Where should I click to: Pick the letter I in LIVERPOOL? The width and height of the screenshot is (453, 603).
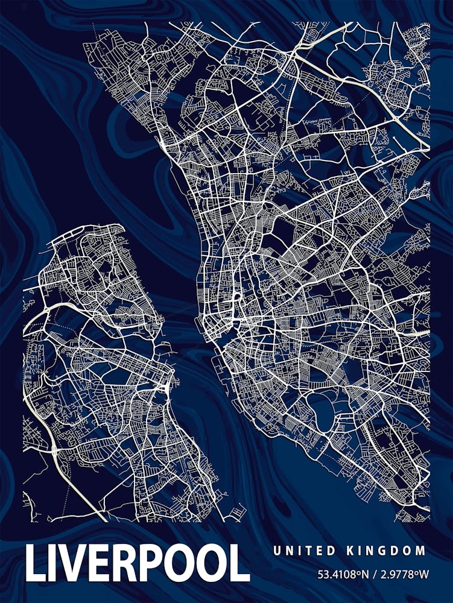(x=54, y=563)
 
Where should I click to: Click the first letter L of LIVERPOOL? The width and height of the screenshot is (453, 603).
(x=36, y=563)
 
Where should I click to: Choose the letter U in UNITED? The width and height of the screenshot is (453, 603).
(x=276, y=551)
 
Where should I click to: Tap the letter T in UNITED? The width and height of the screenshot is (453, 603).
(x=310, y=551)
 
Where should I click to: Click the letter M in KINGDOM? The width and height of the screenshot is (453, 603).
(x=421, y=551)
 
